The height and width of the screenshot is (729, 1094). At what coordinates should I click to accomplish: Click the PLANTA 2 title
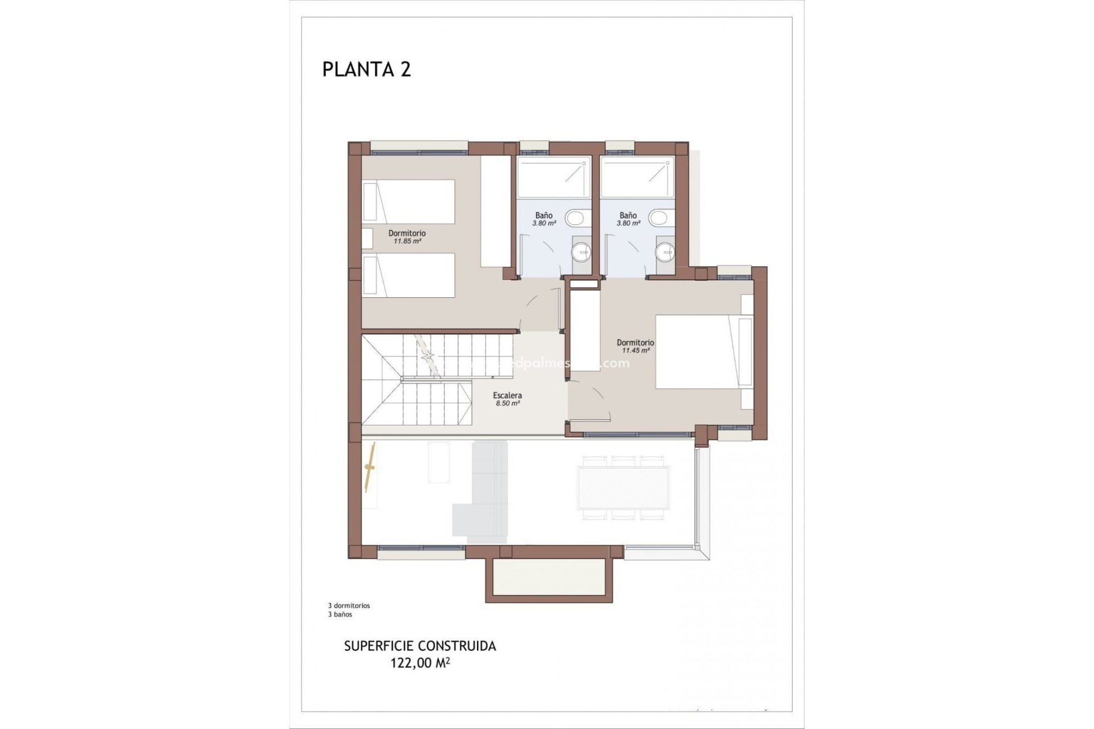[x=366, y=69]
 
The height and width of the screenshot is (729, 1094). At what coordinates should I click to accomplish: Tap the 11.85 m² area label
[x=407, y=241]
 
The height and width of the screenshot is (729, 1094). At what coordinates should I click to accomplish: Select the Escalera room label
[x=507, y=395]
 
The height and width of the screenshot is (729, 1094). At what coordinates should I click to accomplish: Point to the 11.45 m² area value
[x=635, y=351]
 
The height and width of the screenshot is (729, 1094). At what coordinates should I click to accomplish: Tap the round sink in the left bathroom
[x=581, y=251]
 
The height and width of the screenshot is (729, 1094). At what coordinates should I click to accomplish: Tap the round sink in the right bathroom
[x=665, y=251]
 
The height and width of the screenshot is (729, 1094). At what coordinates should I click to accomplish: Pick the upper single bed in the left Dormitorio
[x=409, y=202]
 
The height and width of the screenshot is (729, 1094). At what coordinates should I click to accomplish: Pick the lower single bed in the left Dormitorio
[x=409, y=275]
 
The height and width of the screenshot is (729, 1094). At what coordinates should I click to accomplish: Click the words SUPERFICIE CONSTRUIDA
[x=420, y=646]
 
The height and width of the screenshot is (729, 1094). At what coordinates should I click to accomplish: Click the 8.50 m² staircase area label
[x=507, y=404]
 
